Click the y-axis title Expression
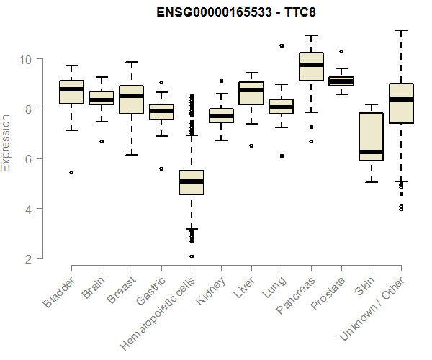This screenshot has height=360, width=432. tap(6, 143)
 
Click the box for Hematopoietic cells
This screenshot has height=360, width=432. tap(192, 183)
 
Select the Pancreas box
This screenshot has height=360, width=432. tap(311, 67)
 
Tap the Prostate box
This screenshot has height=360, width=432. tap(341, 81)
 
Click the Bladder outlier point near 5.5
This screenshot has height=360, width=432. tap(71, 172)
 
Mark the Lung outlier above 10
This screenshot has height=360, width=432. tap(282, 45)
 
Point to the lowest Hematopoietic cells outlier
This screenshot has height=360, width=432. tap(192, 256)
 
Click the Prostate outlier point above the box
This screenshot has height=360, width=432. tap(341, 51)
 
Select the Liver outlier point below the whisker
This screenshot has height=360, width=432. tap(251, 145)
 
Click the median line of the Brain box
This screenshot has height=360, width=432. tap(102, 100)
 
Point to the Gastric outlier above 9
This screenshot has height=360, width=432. tap(161, 82)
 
